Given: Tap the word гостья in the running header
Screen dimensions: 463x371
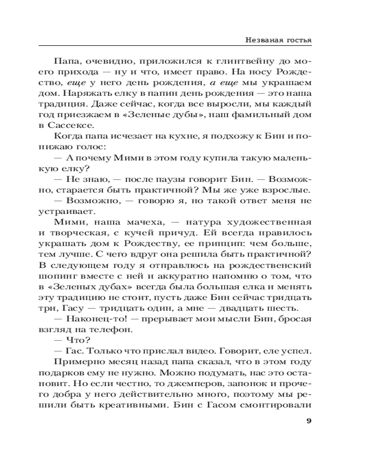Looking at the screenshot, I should click(297, 40).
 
